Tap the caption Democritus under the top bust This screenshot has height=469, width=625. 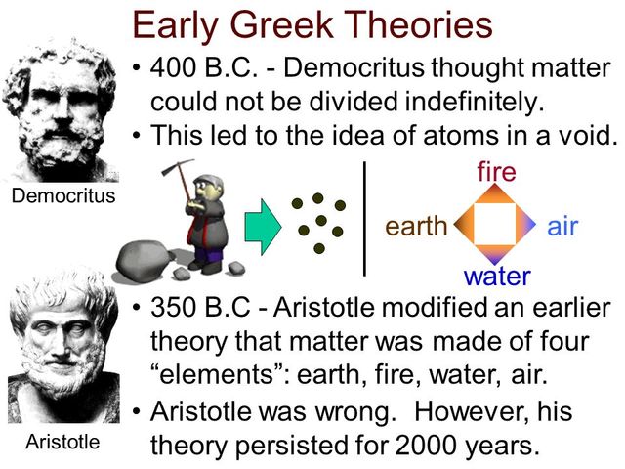62,195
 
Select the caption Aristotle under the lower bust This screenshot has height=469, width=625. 62,442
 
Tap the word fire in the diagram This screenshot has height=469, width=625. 496,173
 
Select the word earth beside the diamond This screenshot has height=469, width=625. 416,228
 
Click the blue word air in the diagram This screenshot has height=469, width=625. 562,228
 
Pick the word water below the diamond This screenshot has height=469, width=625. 497,276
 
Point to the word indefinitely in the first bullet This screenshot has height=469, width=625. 455,101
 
